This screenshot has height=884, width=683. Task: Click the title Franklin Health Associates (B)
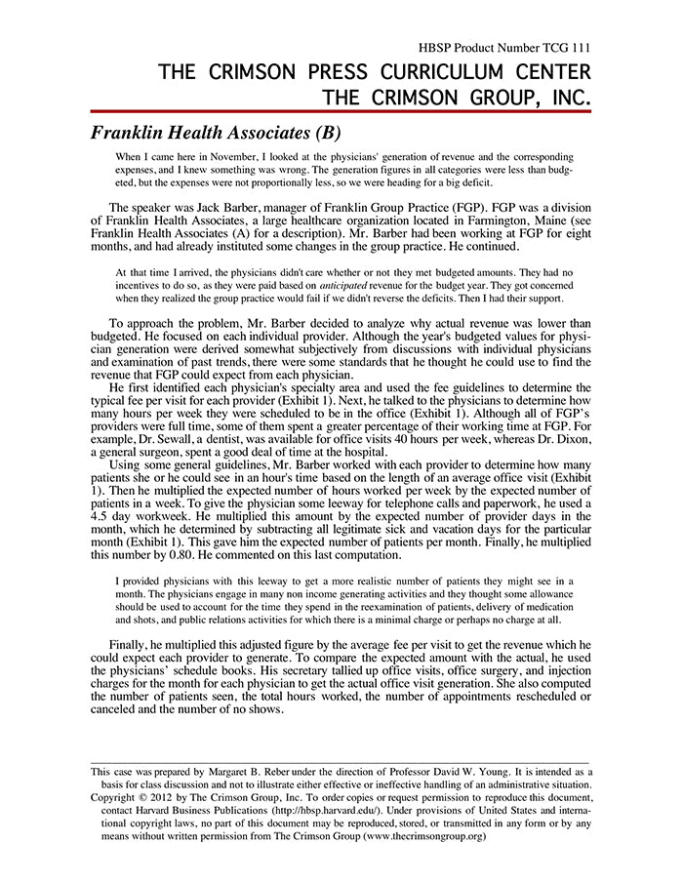[216, 133]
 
